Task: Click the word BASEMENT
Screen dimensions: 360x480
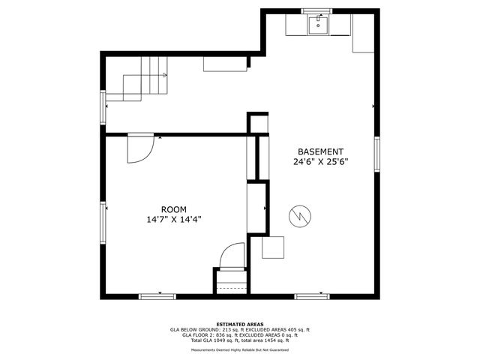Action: click(320, 151)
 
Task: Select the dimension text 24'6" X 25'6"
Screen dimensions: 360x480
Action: click(320, 161)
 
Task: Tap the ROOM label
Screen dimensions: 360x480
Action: click(174, 209)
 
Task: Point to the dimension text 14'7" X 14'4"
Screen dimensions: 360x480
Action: click(174, 220)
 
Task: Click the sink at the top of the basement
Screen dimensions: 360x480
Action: click(319, 26)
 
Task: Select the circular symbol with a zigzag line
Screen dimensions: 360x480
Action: click(298, 215)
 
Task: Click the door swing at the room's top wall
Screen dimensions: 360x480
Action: click(140, 148)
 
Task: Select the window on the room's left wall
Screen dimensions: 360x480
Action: click(104, 224)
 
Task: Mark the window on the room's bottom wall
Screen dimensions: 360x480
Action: click(157, 296)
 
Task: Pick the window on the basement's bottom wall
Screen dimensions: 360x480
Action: click(312, 296)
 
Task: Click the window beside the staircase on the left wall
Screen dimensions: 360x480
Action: click(104, 106)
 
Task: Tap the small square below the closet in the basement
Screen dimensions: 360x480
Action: click(273, 247)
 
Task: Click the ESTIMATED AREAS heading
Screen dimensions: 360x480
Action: click(240, 324)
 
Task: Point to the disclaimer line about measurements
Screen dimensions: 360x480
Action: click(240, 349)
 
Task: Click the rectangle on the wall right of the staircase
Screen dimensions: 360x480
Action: click(225, 64)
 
